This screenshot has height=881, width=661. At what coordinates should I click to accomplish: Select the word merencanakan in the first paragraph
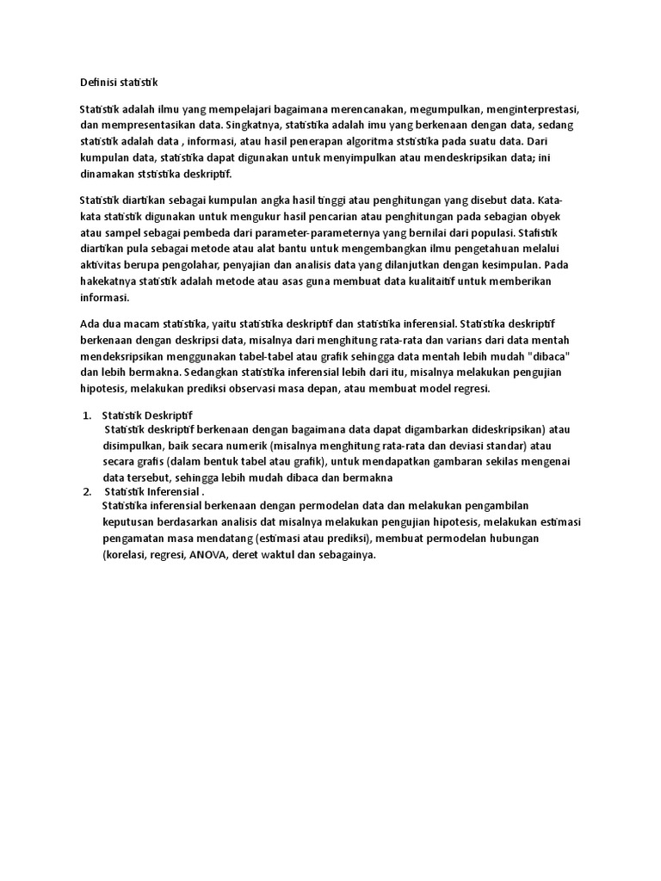366,110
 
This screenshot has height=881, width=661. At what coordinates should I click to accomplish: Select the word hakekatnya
109,281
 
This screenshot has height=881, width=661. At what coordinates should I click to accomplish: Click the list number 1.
87,415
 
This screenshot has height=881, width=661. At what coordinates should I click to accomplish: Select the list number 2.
87,491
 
